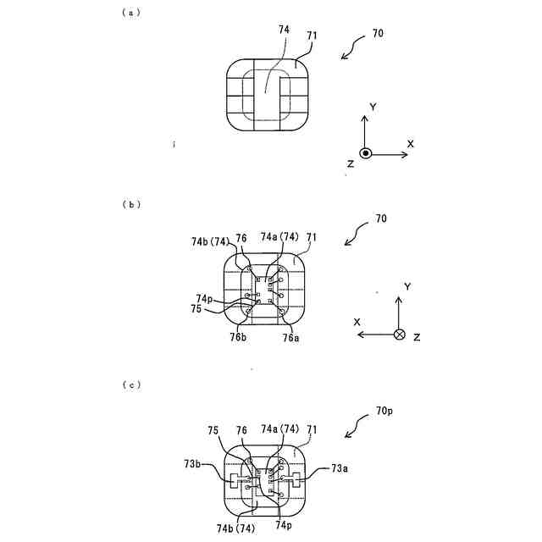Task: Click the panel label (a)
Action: (x=131, y=13)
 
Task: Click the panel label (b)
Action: (x=131, y=204)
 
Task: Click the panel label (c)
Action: (x=131, y=385)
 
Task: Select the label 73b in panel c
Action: (x=192, y=464)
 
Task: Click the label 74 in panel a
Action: (x=284, y=29)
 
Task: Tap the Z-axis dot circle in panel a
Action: (x=365, y=153)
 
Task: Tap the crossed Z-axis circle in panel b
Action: (x=399, y=335)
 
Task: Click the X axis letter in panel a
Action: (x=410, y=144)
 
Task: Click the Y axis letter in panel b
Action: (x=407, y=288)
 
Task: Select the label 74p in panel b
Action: (x=204, y=298)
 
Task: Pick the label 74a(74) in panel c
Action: (x=279, y=429)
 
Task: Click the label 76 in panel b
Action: (x=242, y=238)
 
